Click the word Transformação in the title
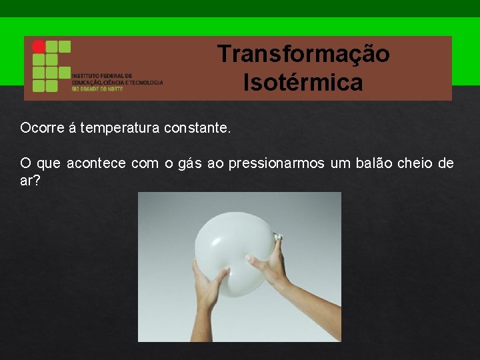click(x=303, y=54)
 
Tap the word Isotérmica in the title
click(x=303, y=83)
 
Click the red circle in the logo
click(x=39, y=47)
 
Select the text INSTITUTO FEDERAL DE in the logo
click(x=102, y=76)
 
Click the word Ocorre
click(x=41, y=128)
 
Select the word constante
click(x=197, y=128)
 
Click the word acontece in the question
click(x=96, y=163)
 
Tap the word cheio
click(x=417, y=163)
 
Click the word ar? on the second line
click(x=31, y=181)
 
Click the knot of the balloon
click(x=278, y=236)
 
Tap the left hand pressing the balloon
click(x=210, y=283)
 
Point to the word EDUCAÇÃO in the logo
click(x=87, y=83)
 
